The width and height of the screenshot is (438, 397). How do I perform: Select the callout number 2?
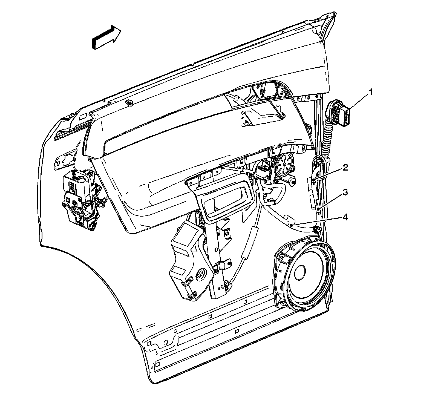point(346,167)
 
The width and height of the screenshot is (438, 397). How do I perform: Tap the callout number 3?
point(345,193)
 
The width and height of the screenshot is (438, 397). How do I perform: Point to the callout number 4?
point(345,218)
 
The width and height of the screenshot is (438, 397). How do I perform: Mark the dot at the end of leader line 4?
point(292,225)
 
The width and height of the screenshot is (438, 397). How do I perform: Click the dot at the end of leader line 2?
point(314,180)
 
